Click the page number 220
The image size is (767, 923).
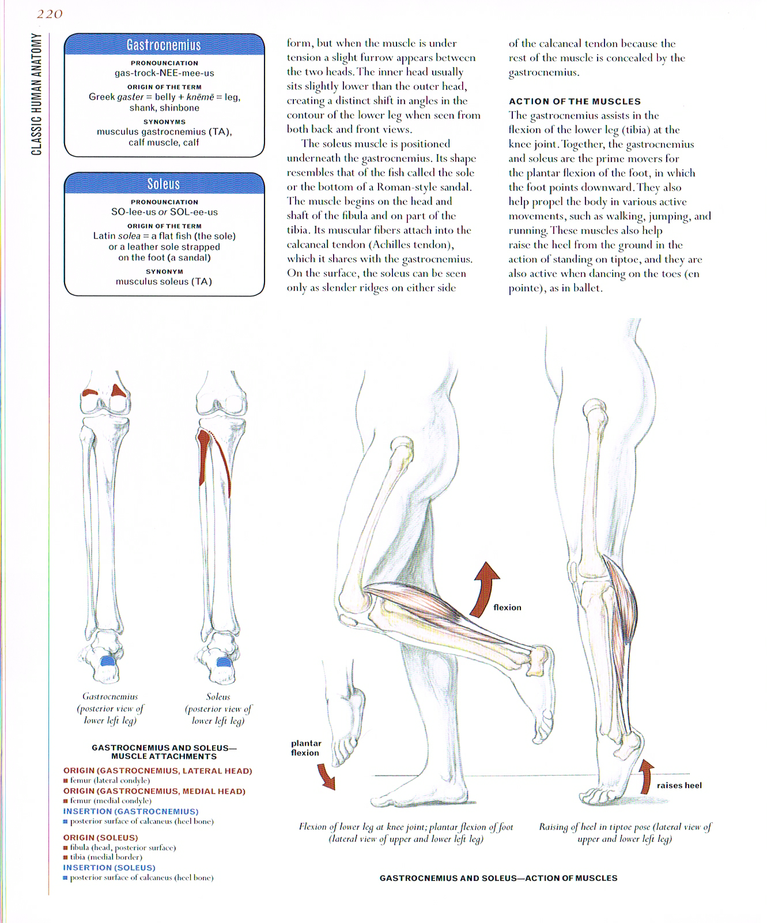[x=50, y=14]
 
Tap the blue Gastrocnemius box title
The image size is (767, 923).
[x=164, y=45]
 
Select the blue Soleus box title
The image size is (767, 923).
[x=164, y=184]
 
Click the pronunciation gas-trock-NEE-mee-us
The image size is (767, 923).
[x=164, y=73]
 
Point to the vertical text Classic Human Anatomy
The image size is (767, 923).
[x=37, y=94]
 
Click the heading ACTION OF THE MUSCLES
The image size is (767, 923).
[x=575, y=101]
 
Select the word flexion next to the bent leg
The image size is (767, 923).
[x=507, y=607]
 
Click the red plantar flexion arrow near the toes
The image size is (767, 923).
[x=326, y=777]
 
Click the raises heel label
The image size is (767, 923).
[x=679, y=785]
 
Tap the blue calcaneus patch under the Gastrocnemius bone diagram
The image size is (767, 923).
[x=107, y=660]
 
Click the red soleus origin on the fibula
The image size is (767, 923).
[x=203, y=449]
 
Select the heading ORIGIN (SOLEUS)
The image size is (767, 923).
[x=101, y=838]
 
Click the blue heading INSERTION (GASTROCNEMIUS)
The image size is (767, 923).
[x=131, y=811]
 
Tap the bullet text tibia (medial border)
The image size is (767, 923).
[x=106, y=857]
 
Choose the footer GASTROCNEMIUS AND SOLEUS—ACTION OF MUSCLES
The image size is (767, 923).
[x=498, y=878]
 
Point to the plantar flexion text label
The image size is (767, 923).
[x=306, y=748]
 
